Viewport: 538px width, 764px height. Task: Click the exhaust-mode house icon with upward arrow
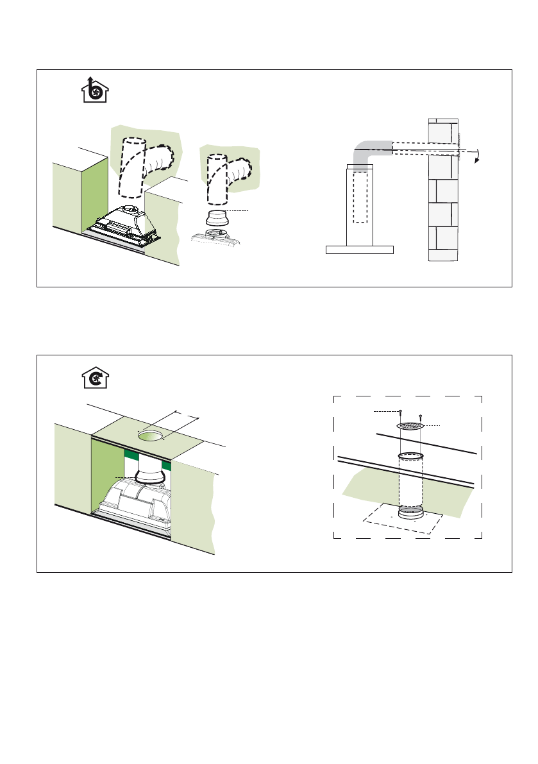(95, 90)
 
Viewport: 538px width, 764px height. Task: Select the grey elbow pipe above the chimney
(369, 151)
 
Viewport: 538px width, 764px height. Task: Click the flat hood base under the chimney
(359, 250)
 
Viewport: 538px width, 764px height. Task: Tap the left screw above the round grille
(400, 414)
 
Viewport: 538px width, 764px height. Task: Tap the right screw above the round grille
(421, 418)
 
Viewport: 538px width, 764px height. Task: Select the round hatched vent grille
(410, 426)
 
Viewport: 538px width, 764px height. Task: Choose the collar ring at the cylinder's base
(410, 513)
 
